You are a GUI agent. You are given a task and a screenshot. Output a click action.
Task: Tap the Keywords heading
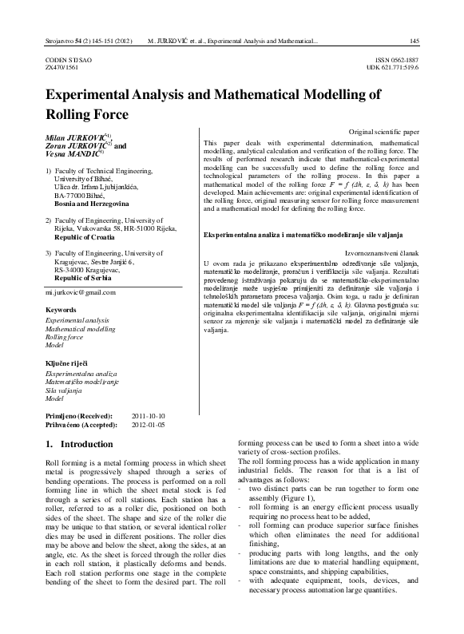[x=61, y=308]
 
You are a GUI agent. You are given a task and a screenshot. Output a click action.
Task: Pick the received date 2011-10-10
[x=148, y=417]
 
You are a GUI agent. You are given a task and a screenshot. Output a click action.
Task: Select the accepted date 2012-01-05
[x=148, y=426]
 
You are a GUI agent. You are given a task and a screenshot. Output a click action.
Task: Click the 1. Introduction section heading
[x=80, y=444]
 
